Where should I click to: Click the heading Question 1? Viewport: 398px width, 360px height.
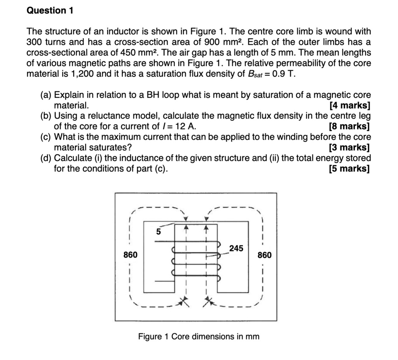(50, 10)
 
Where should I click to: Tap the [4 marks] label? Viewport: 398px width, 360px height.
(349, 105)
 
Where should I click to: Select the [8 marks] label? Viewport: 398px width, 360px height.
(349, 126)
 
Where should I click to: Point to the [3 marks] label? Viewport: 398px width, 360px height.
(349, 148)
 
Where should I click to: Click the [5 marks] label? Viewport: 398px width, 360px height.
(349, 169)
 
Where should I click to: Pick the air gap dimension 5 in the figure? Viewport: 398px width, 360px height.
(158, 232)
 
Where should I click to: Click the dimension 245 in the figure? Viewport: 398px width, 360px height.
(236, 248)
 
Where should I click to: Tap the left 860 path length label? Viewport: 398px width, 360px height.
(130, 255)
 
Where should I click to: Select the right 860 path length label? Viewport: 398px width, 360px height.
(265, 255)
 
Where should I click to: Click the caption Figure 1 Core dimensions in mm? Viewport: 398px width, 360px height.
(199, 336)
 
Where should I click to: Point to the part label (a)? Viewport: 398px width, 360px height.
(46, 95)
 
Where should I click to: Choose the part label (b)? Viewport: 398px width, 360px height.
(46, 116)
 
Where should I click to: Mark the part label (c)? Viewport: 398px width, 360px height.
(46, 137)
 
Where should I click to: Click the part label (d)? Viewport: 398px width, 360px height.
(46, 158)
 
